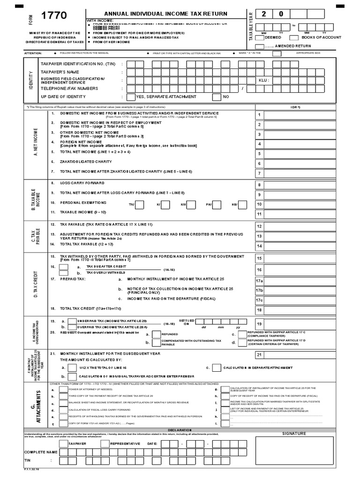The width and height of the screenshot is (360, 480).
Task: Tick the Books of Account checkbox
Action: pyautogui.click(x=294, y=37)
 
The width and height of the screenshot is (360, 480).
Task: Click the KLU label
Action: pyautogui.click(x=264, y=80)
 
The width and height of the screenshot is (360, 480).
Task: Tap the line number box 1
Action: pyautogui.click(x=259, y=115)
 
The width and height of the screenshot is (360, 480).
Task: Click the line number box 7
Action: pyautogui.click(x=259, y=173)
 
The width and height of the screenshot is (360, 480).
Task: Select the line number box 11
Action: pyautogui.click(x=259, y=214)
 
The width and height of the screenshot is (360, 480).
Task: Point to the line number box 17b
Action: pyautogui.click(x=259, y=291)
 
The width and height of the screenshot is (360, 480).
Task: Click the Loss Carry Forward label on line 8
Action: pyautogui.click(x=82, y=183)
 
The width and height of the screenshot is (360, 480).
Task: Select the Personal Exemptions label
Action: pyautogui.click(x=83, y=202)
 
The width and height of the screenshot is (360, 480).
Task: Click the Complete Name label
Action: pyautogui.click(x=41, y=452)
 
